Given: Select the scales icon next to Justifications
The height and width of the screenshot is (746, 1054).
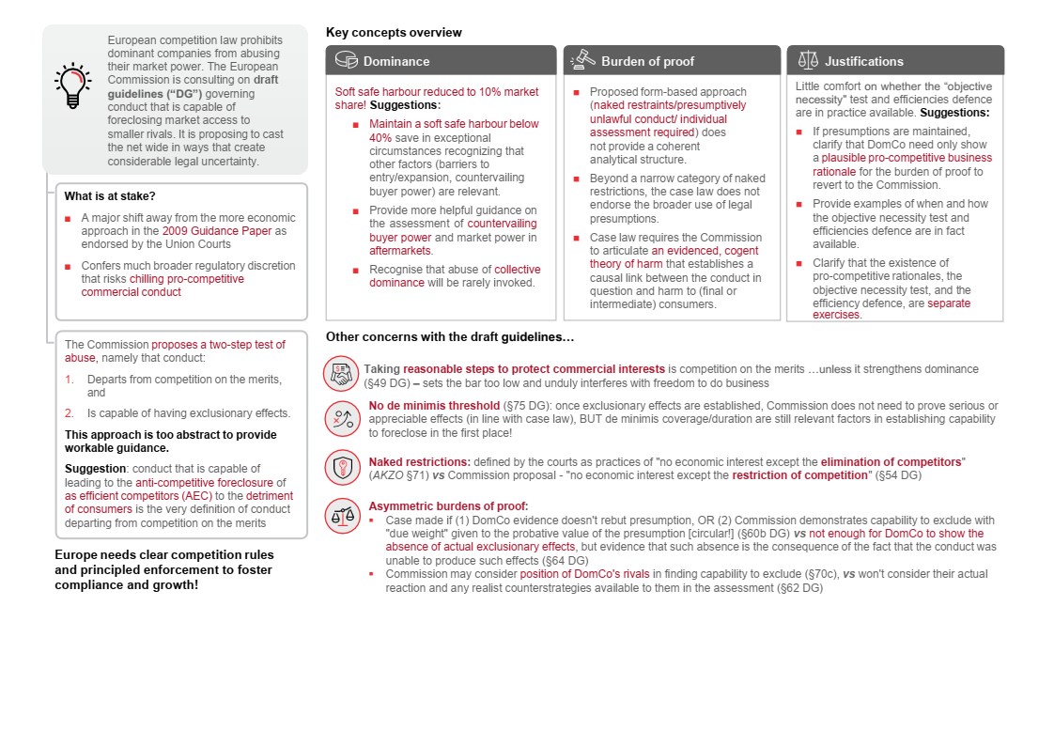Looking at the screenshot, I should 807,60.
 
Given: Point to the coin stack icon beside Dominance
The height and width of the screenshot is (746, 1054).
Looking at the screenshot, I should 346,60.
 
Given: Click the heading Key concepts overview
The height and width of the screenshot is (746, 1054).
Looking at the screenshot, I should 394,32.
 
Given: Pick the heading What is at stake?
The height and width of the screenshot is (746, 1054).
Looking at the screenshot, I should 110,196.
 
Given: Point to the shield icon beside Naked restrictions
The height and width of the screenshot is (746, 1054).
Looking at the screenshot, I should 342,467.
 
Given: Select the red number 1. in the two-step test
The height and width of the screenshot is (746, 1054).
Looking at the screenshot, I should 69,380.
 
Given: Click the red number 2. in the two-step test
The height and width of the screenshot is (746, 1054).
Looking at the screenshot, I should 69,413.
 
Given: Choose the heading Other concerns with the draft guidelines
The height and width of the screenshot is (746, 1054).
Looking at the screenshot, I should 450,336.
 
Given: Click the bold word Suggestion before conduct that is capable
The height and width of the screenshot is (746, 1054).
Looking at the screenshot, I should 95,468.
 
